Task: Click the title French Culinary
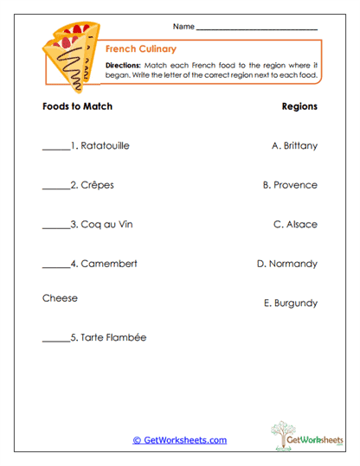coord(140,49)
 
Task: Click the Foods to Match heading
coord(77,107)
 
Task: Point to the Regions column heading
coord(299,107)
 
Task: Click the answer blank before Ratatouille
coord(55,147)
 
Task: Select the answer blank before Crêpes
coord(55,186)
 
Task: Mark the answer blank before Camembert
coord(55,265)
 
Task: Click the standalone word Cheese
coord(60,298)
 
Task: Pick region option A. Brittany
coord(294,146)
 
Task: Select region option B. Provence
coord(290,185)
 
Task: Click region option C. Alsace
coord(295,225)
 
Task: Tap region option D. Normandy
coord(287,264)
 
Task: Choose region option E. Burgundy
coord(290,303)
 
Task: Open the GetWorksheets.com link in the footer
coord(180,440)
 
